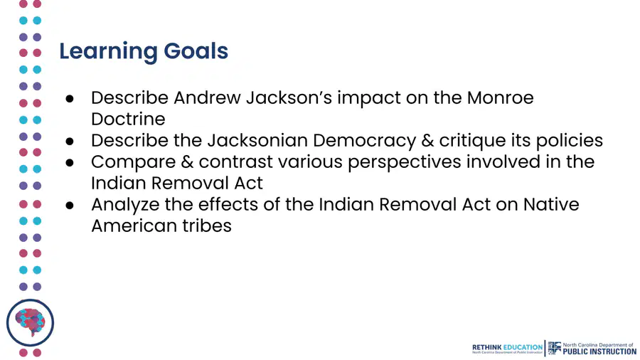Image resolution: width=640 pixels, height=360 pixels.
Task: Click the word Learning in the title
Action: click(108, 52)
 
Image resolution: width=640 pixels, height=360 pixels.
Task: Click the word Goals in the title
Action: click(196, 51)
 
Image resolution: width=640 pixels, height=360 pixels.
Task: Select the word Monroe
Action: click(501, 98)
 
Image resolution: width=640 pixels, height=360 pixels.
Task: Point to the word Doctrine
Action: click(128, 120)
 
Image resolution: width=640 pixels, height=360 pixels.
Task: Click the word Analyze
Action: click(125, 205)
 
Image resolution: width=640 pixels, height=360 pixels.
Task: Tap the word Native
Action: click(551, 204)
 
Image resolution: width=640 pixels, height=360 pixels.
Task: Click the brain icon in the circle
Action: click(30, 322)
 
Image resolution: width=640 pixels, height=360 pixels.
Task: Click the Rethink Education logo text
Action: click(507, 347)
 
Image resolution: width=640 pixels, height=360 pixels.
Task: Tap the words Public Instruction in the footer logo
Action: click(599, 351)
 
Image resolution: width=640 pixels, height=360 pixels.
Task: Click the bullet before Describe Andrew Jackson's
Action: click(70, 98)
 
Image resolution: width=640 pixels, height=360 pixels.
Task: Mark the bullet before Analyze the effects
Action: click(70, 205)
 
